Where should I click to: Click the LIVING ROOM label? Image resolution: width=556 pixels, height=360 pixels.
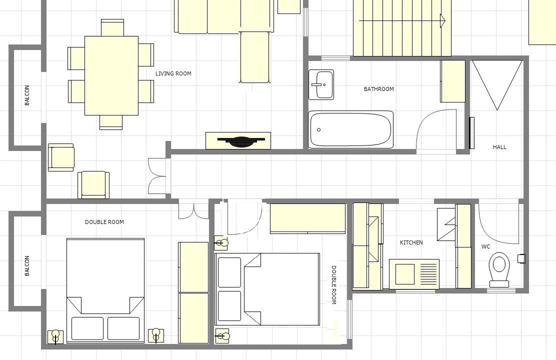[x=173, y=73]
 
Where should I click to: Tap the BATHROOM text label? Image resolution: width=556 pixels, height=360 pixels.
[x=378, y=89]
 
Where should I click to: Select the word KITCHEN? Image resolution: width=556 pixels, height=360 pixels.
[x=411, y=242]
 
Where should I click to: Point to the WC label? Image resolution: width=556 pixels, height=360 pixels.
[x=486, y=246]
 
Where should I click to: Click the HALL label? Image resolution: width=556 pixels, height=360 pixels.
[x=499, y=147]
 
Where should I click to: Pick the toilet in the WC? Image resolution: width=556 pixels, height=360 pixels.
[x=499, y=269]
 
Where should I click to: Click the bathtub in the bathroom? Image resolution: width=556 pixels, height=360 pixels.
[x=350, y=129]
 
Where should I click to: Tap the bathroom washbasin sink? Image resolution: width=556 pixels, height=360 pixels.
[x=321, y=85]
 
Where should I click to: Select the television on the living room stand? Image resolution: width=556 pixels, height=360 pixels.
[x=241, y=141]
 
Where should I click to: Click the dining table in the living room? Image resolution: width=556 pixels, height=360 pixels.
[x=111, y=75]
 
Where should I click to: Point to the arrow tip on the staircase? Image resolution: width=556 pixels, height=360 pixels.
[x=445, y=20]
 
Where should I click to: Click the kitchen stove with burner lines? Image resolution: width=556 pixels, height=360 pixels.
[x=414, y=274]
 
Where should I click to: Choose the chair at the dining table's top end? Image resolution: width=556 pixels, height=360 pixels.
[x=112, y=27]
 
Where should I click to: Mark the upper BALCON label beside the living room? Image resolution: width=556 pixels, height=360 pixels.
[x=27, y=95]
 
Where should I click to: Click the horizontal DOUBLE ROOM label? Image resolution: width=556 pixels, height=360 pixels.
[x=104, y=222]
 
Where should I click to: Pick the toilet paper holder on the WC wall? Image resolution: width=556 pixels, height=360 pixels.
[x=521, y=258]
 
